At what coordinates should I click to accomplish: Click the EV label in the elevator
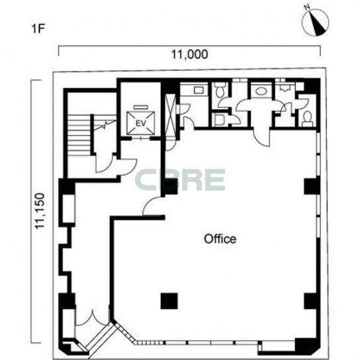(141, 124)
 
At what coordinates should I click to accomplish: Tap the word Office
(220, 239)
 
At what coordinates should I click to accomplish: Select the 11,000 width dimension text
(190, 54)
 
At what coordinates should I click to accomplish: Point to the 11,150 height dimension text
(40, 210)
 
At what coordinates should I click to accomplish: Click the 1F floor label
(38, 29)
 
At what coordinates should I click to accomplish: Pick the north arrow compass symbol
(316, 22)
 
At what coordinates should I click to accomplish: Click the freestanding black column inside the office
(169, 301)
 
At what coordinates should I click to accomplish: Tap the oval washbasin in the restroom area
(261, 91)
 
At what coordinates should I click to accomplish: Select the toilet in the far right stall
(307, 119)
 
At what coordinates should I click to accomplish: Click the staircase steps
(79, 136)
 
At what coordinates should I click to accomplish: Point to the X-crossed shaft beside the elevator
(171, 116)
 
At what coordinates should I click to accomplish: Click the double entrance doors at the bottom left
(92, 318)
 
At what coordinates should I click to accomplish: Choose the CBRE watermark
(180, 180)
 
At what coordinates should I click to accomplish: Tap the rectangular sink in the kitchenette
(199, 90)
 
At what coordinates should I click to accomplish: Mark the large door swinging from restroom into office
(262, 137)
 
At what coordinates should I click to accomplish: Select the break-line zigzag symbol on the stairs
(105, 125)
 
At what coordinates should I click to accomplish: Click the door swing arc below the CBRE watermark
(152, 206)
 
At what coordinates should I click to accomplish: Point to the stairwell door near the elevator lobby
(104, 163)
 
